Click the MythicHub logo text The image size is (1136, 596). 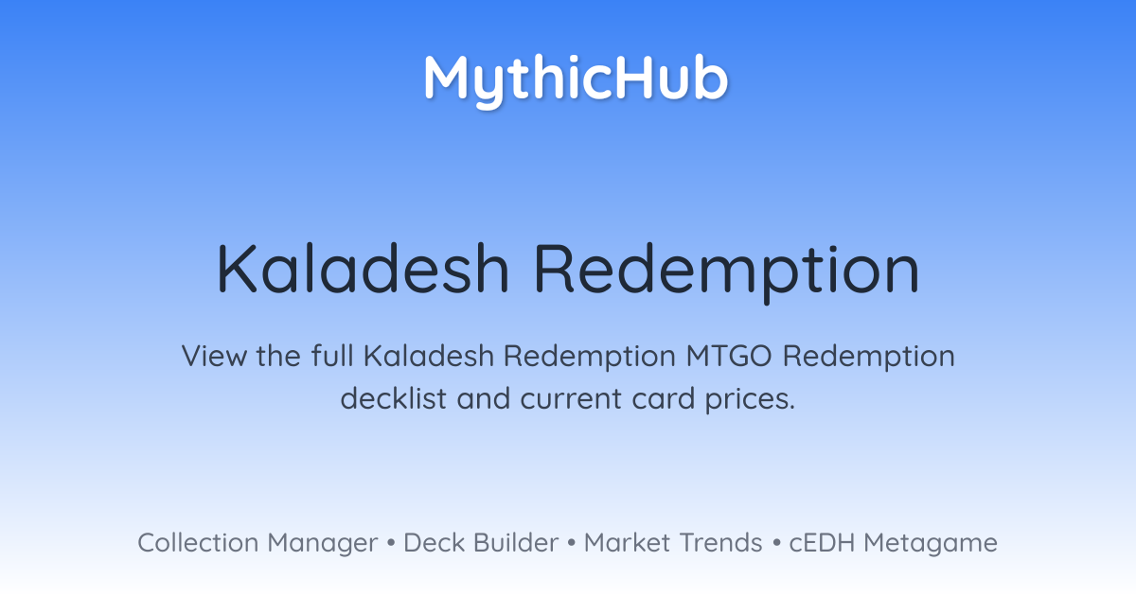576,81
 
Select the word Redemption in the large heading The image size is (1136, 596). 727,272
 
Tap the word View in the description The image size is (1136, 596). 214,356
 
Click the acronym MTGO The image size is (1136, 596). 729,356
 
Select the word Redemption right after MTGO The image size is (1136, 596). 869,358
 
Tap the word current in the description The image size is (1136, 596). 571,399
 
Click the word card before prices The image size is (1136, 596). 663,398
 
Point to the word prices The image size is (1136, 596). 750,400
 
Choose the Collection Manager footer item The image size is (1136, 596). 257,544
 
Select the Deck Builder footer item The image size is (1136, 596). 481,543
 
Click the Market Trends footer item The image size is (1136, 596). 673,543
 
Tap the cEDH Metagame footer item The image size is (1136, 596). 893,544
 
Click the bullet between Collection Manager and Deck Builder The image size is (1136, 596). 390,543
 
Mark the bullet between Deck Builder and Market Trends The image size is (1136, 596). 572,543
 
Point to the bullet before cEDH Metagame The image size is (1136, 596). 776,543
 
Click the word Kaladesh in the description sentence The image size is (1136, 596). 429,356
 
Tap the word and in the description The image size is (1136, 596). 484,398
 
